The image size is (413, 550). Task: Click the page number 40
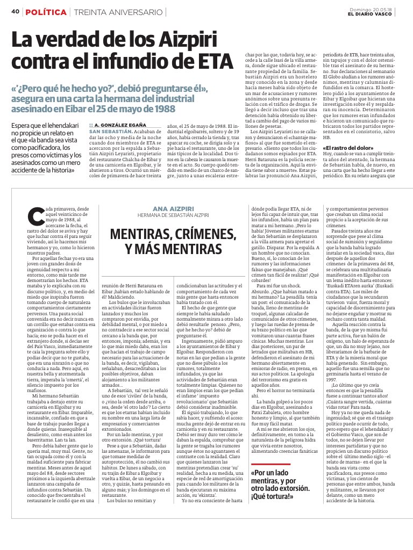pyautogui.click(x=15, y=12)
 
